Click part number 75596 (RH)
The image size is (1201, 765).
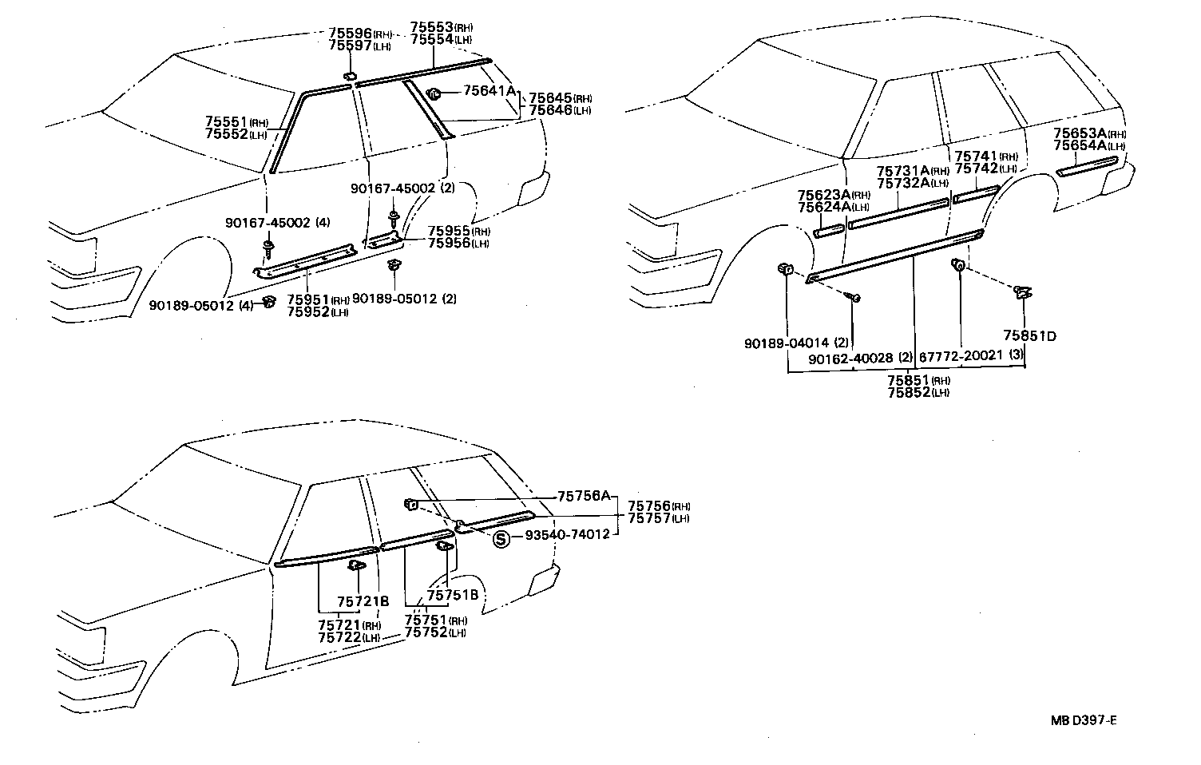point(360,34)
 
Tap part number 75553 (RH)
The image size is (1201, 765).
point(442,26)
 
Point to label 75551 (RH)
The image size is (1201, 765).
point(236,121)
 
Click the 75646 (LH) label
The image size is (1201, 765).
point(560,109)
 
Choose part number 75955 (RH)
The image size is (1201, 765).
point(458,231)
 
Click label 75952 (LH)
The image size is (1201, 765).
point(317,311)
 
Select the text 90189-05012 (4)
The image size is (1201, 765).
point(201,304)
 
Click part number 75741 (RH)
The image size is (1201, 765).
point(986,157)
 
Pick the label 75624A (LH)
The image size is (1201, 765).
point(833,206)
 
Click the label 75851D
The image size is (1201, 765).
point(1029,336)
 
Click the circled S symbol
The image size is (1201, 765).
point(501,539)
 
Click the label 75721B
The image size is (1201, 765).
point(363,601)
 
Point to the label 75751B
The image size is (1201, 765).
point(452,595)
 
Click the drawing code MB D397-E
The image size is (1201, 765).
point(1083,720)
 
